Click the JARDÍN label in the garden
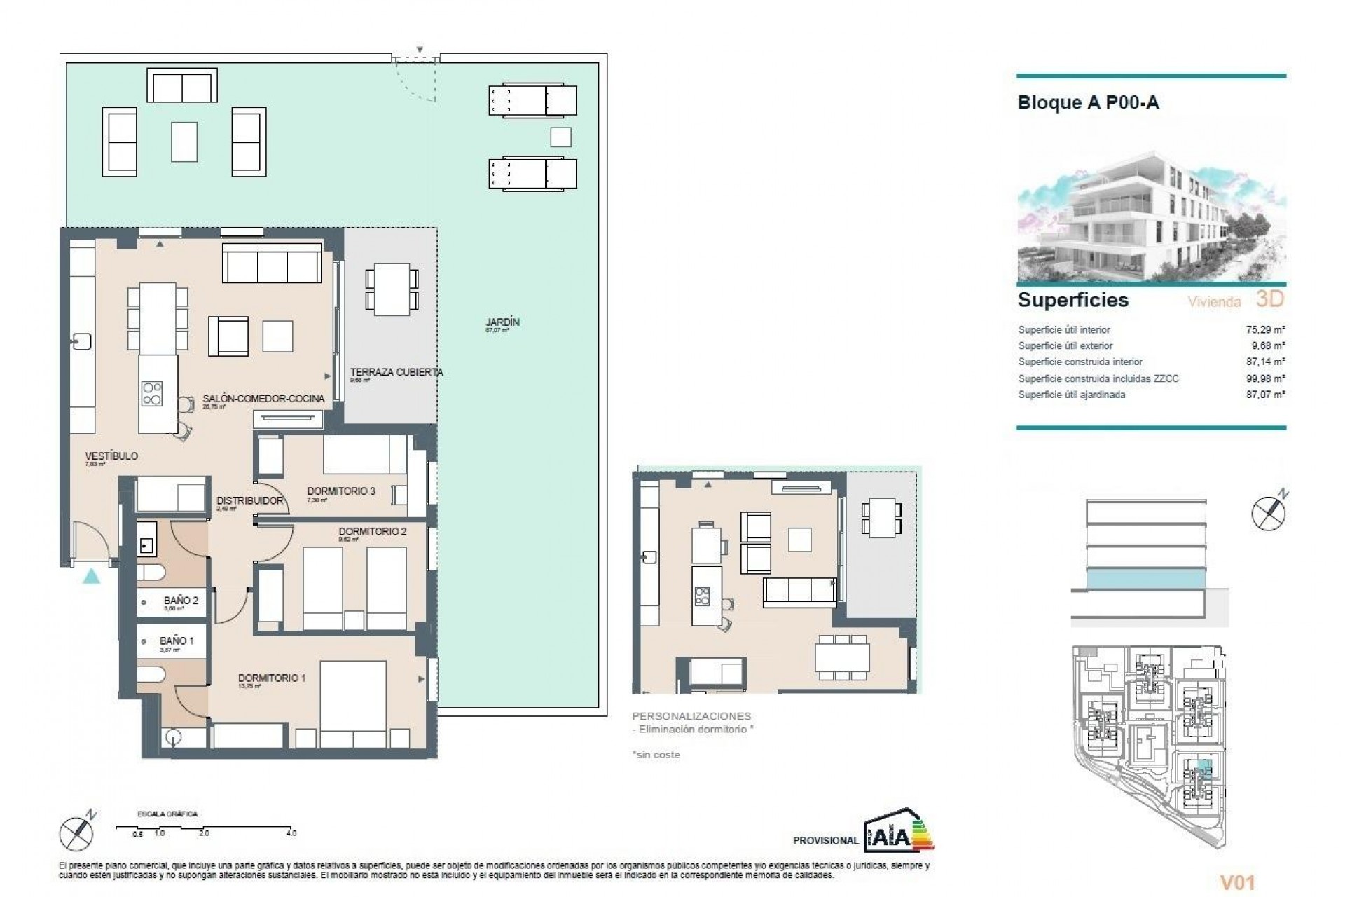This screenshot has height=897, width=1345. click(x=502, y=322)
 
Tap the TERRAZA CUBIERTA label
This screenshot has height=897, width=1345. click(x=396, y=372)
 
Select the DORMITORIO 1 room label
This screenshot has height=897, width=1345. click(x=272, y=678)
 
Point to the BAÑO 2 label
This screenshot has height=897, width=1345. click(x=181, y=601)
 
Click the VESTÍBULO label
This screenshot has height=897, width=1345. click(x=111, y=456)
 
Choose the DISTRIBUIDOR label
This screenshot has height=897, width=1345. click(x=249, y=500)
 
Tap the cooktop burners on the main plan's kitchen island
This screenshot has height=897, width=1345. click(x=152, y=393)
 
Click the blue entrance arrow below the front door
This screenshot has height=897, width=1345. click(x=91, y=577)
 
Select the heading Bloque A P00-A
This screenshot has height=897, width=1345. click(x=1088, y=103)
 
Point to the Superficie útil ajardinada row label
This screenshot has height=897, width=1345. click(x=1072, y=395)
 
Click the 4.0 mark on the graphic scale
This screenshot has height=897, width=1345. click(x=291, y=833)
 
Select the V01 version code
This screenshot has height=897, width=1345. click(x=1237, y=863)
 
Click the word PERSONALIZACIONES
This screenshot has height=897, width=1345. click(x=691, y=716)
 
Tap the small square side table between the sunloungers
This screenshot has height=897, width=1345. click(x=560, y=137)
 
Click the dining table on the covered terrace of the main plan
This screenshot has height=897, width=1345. click(x=392, y=289)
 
